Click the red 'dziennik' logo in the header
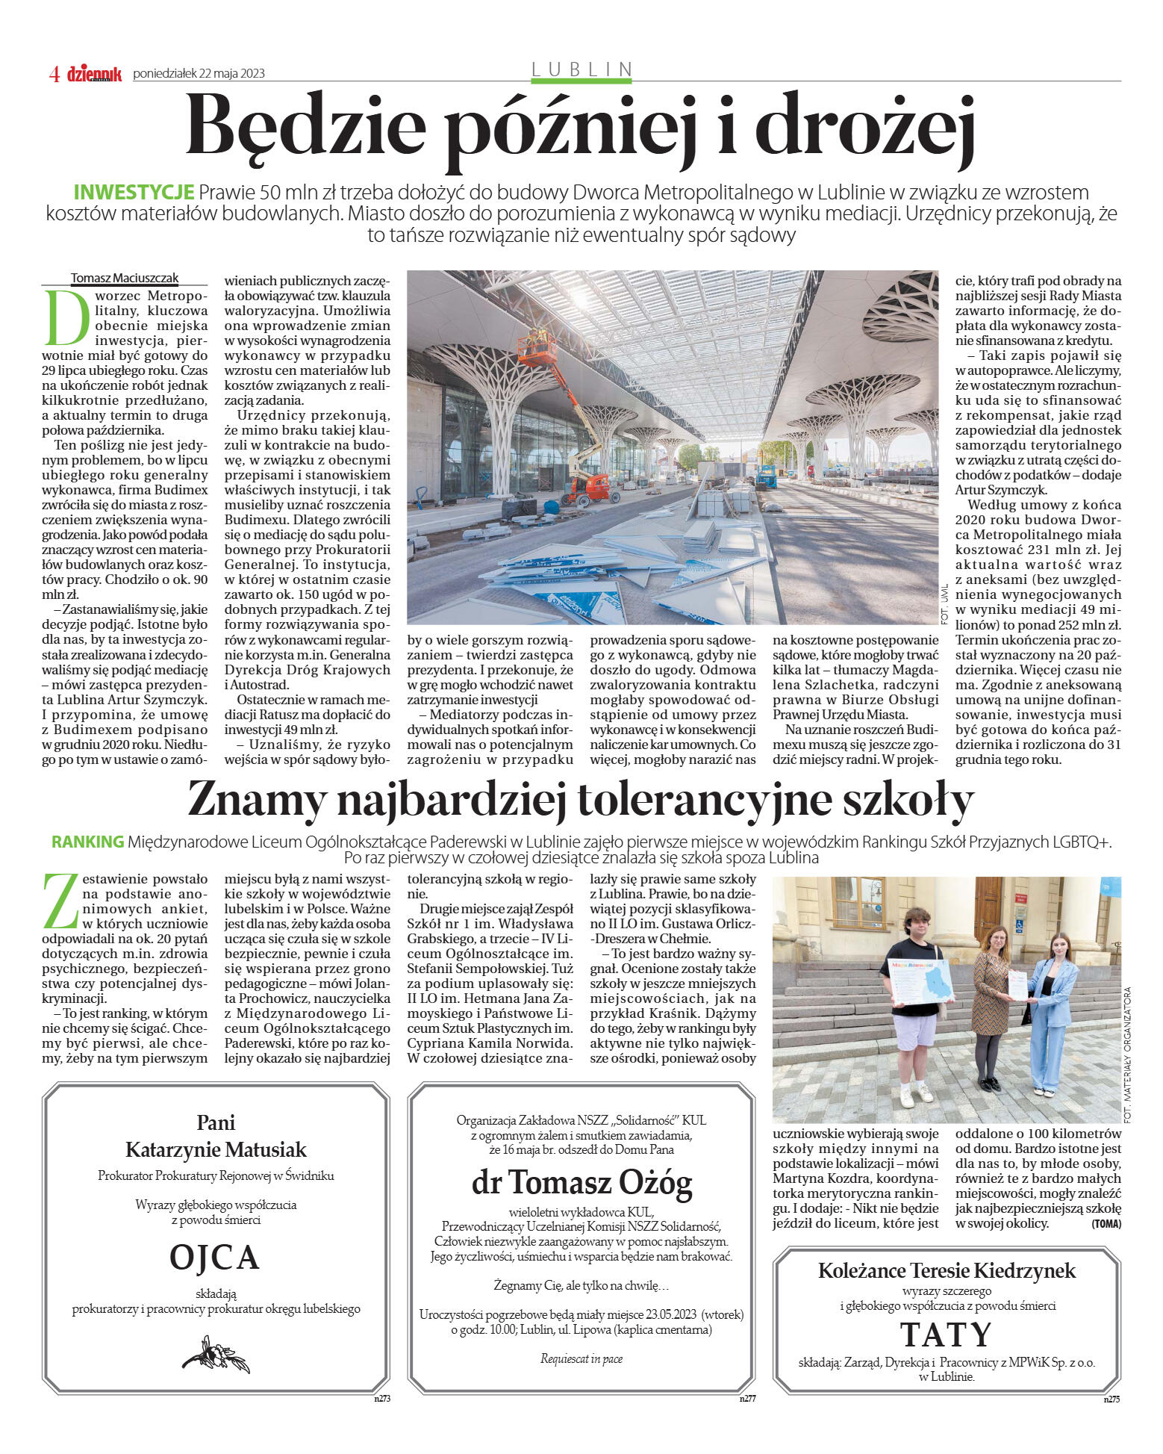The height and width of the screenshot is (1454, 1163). coord(94,73)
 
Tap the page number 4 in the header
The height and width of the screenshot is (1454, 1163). coord(54,73)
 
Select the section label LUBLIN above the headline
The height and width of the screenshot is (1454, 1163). coord(581,69)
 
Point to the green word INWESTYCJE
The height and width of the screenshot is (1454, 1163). coord(134,192)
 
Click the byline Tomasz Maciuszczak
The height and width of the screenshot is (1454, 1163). coord(125,278)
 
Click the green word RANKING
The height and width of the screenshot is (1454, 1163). coord(87,842)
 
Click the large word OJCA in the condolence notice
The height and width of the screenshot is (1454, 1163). coord(215,1257)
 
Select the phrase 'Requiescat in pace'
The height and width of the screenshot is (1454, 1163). coord(581,1358)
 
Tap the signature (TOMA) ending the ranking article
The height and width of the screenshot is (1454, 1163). coord(1106,1223)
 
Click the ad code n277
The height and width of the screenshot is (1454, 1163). coord(748,1399)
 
